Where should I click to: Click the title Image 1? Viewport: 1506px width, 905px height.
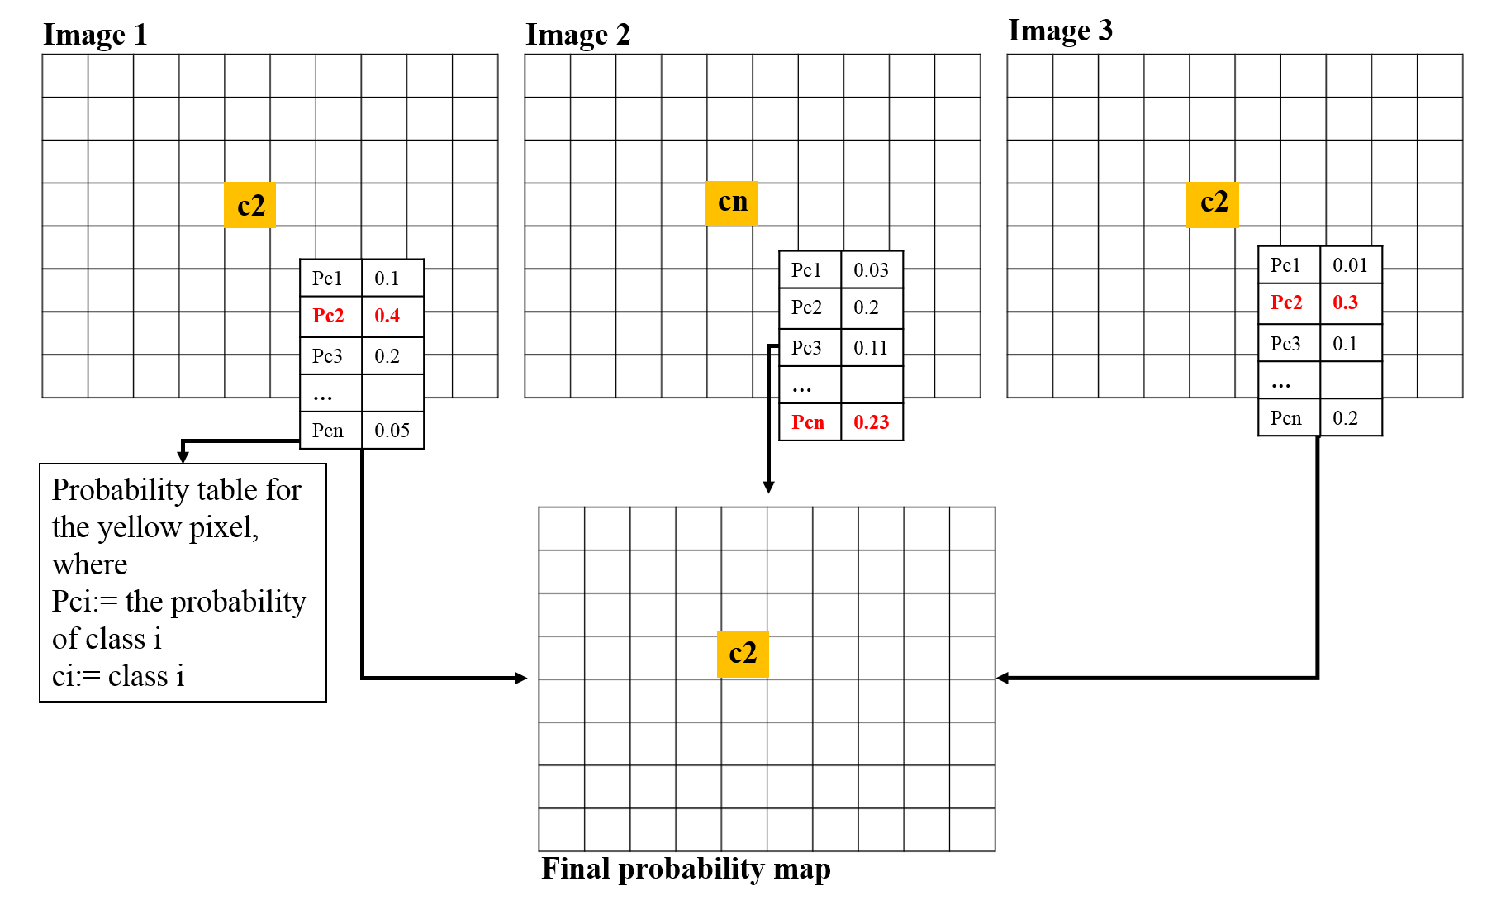pyautogui.click(x=95, y=35)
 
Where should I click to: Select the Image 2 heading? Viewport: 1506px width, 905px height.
pyautogui.click(x=577, y=35)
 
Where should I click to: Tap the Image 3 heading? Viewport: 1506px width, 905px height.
pyautogui.click(x=1060, y=31)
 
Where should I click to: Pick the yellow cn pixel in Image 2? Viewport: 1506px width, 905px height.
pyautogui.click(x=732, y=202)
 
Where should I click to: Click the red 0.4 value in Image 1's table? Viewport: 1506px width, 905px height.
pyautogui.click(x=387, y=316)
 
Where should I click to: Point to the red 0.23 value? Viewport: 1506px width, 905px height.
pyautogui.click(x=872, y=422)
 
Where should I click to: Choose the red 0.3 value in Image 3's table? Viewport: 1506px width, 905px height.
pyautogui.click(x=1345, y=302)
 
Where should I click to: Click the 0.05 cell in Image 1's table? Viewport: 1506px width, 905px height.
pyautogui.click(x=392, y=431)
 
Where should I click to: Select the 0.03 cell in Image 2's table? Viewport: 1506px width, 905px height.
pyautogui.click(x=871, y=270)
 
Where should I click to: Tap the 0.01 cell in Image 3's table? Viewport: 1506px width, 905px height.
pyautogui.click(x=1350, y=265)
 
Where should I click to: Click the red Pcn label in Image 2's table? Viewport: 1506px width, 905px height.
pyautogui.click(x=808, y=422)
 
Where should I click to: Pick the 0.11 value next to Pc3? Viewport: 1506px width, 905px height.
pyautogui.click(x=871, y=348)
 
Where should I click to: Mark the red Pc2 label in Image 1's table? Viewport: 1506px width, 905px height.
pyautogui.click(x=328, y=316)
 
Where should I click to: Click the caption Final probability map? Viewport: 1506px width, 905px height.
pyautogui.click(x=686, y=869)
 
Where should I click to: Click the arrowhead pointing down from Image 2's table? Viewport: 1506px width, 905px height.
pyautogui.click(x=768, y=488)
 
